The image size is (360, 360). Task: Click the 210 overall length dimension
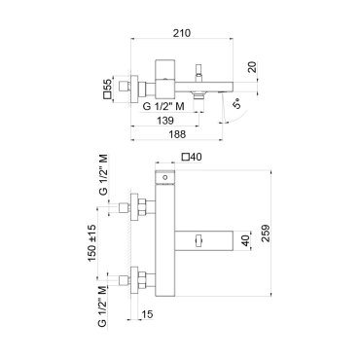click(182, 33)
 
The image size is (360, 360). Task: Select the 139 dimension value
click(165, 121)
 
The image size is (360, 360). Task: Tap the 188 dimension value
click(177, 134)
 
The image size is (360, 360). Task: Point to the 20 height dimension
click(253, 67)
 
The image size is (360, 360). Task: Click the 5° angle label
click(237, 103)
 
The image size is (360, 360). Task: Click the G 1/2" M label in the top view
click(163, 106)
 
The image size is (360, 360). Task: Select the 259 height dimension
click(266, 233)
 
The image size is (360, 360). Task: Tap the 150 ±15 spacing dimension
click(91, 243)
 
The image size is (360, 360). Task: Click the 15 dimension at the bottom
click(147, 314)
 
